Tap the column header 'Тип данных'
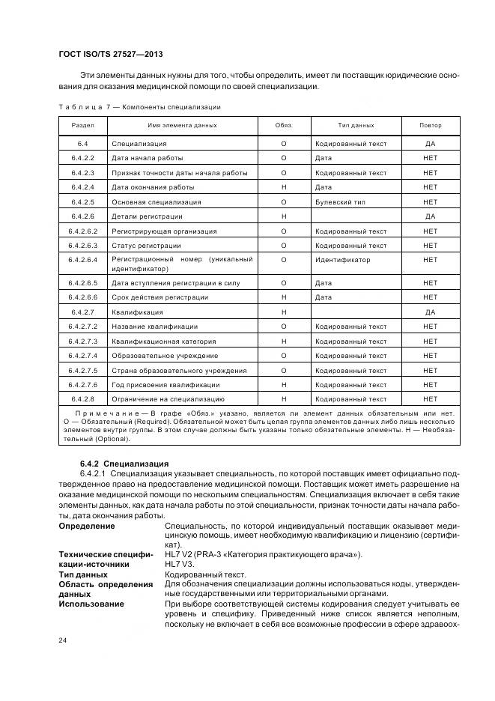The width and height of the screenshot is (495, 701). tap(356, 125)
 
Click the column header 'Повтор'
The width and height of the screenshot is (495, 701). tap(430, 125)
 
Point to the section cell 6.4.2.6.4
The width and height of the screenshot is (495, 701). tap(83, 260)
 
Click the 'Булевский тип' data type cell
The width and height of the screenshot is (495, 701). tap(339, 202)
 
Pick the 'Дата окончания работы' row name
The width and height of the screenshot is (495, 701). tap(153, 187)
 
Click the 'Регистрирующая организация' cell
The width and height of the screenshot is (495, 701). tap(164, 231)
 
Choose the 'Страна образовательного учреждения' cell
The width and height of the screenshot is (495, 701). tap(179, 370)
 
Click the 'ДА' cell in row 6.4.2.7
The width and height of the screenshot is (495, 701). tap(430, 312)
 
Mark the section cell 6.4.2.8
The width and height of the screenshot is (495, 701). tap(83, 399)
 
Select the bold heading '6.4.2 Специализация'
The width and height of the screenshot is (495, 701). tap(124, 464)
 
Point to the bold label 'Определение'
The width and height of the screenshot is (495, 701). tap(87, 526)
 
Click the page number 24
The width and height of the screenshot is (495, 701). tap(64, 640)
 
